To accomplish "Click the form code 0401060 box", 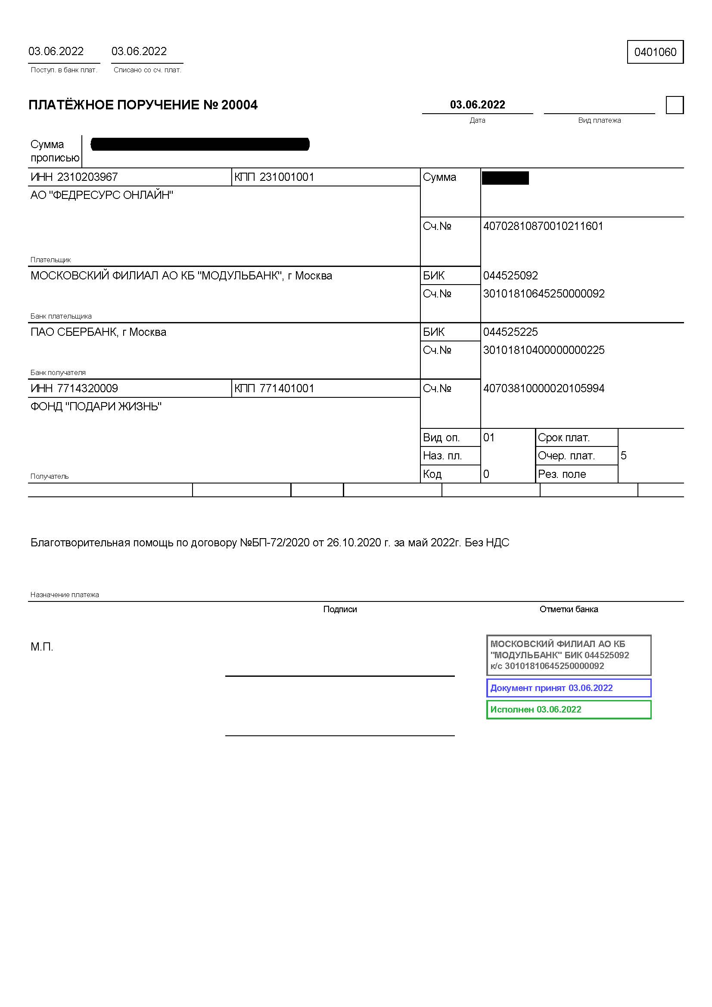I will coord(655,52).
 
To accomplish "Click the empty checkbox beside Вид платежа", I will coord(674,105).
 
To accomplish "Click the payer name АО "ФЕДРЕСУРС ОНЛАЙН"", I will coord(102,195).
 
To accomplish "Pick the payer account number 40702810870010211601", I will coord(543,226).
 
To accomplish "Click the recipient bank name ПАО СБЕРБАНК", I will coord(98,332).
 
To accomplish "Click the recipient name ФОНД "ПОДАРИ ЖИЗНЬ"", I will coord(96,406).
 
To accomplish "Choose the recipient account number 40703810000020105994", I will coord(544,388).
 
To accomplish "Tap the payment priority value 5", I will coord(623,455).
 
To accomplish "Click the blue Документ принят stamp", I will coord(569,688).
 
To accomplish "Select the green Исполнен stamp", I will coord(569,709).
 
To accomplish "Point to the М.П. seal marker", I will coord(42,647).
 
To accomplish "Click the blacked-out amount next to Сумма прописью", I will coord(200,144).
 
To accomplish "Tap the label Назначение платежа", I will coord(65,595).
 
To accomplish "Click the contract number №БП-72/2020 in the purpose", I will coord(275,542).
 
